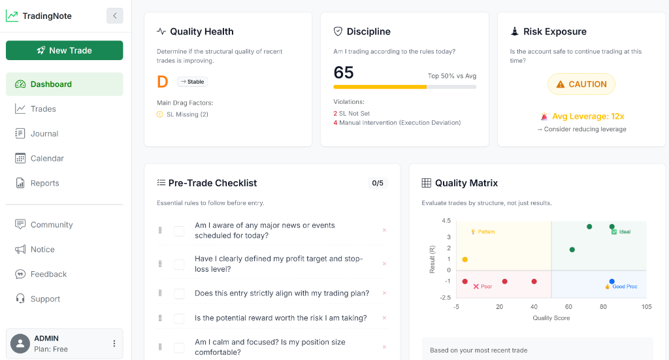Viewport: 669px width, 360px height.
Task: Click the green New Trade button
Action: (65, 50)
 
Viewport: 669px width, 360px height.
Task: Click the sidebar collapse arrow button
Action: (115, 16)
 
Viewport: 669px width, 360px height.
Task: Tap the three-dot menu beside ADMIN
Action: (114, 344)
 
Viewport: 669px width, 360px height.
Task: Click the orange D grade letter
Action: (163, 82)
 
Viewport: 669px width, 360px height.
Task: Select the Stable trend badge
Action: (193, 82)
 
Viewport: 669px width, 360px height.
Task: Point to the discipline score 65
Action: (344, 73)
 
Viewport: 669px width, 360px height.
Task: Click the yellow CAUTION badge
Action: (581, 84)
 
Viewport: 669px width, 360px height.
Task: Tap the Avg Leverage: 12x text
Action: (588, 116)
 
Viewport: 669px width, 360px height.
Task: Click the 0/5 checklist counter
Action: (378, 183)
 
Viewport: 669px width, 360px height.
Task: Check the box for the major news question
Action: (179, 231)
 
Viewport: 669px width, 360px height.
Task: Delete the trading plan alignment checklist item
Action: (384, 293)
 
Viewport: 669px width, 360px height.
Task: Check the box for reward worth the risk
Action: (179, 318)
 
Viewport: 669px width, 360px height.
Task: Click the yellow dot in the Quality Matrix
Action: (465, 259)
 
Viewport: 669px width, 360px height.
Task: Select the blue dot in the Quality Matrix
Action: (612, 282)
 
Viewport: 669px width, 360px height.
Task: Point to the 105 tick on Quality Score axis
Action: (646, 306)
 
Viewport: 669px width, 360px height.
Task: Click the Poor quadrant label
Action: (483, 287)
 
